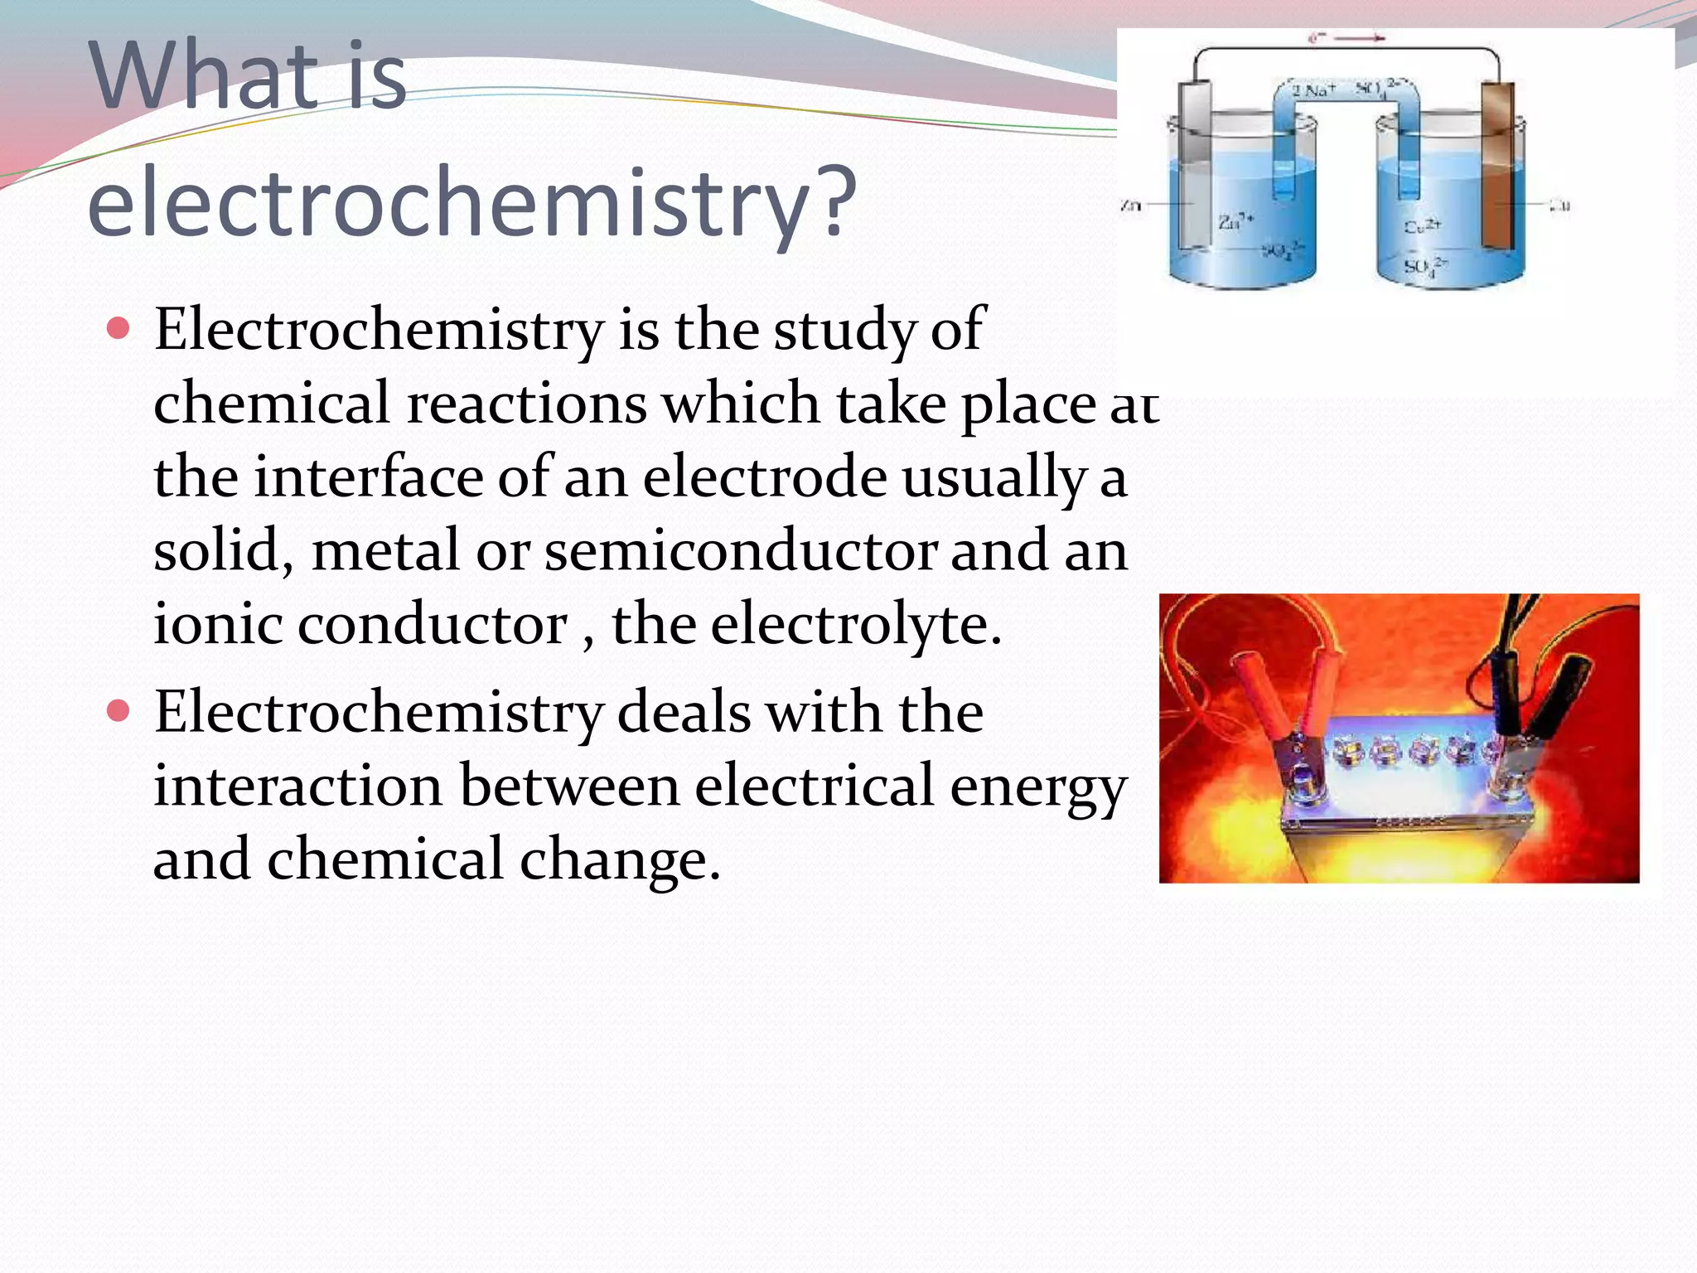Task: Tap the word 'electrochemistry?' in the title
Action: tap(471, 201)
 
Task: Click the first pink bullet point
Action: tap(119, 329)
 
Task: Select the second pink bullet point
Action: tap(119, 711)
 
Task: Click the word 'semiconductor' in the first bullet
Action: tap(741, 551)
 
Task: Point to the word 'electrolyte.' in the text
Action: tap(856, 624)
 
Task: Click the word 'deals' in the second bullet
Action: tap(684, 712)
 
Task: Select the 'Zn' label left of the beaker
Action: tap(1130, 205)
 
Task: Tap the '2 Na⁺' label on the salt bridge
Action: tap(1312, 90)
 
